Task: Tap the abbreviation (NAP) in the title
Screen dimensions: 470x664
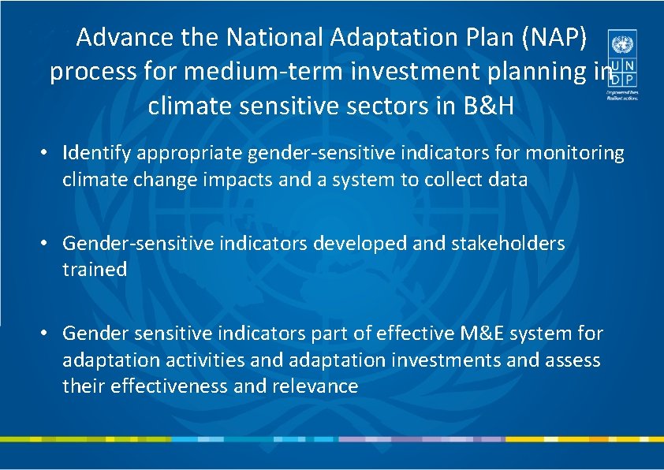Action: click(x=559, y=37)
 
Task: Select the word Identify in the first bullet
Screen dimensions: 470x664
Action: click(x=95, y=152)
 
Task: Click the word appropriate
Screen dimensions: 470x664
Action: click(x=184, y=152)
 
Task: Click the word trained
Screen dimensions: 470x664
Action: click(x=95, y=270)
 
